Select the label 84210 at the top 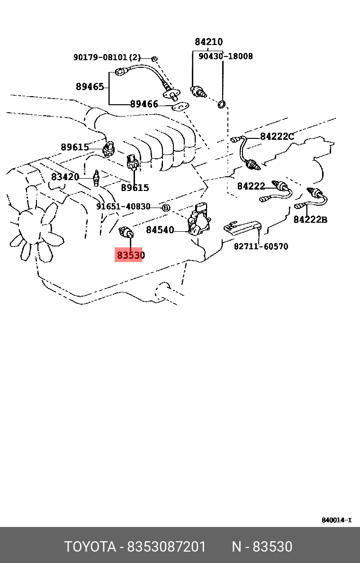pos(208,42)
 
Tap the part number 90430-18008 pos(225,56)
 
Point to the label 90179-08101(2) pos(107,57)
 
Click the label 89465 pos(90,87)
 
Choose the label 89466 pos(144,104)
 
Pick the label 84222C pos(277,136)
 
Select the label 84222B pos(310,219)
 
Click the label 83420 pos(65,177)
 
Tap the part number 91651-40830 pos(123,207)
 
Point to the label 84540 pos(160,230)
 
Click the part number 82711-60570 pos(261,246)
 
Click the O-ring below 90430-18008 pos(222,104)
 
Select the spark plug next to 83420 pos(96,178)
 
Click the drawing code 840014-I pos(336,520)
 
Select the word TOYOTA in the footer pos(90,546)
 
